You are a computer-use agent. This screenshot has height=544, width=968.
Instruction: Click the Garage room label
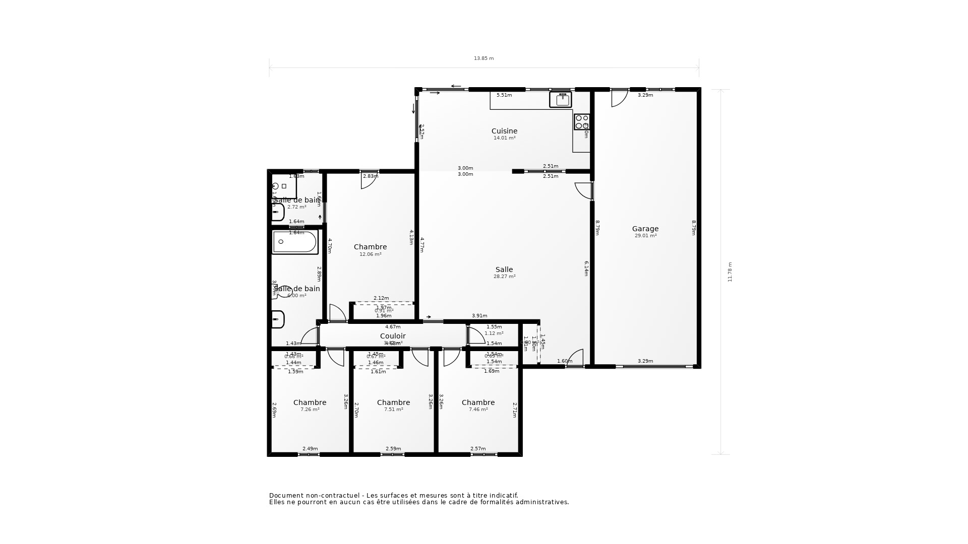(x=645, y=229)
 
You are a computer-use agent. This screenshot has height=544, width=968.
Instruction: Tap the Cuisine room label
(x=504, y=131)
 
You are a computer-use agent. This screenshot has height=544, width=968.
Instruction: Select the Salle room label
(x=504, y=269)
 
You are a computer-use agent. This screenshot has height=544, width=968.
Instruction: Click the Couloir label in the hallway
(x=393, y=336)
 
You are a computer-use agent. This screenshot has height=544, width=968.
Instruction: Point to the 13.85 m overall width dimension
(x=483, y=58)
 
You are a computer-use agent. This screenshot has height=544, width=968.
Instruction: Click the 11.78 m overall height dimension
(x=730, y=272)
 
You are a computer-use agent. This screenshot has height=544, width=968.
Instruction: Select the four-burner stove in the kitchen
(x=582, y=122)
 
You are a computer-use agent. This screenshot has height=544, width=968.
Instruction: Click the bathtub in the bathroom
(x=295, y=242)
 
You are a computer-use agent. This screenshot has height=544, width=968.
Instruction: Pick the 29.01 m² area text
(x=645, y=236)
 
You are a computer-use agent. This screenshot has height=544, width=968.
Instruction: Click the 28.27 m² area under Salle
(x=504, y=277)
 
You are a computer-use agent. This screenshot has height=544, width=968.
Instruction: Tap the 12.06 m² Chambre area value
(x=370, y=254)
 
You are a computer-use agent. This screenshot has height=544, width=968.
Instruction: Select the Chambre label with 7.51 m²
(x=393, y=402)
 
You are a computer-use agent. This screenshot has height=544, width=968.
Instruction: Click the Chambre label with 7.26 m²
(x=310, y=402)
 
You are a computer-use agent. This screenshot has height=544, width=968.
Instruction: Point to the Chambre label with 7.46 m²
(x=478, y=402)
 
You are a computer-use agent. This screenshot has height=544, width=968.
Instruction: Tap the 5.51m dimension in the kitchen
(x=504, y=95)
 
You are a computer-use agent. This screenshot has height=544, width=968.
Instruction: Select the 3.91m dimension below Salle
(x=479, y=316)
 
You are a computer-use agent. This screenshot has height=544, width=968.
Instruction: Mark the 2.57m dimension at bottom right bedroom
(x=478, y=449)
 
